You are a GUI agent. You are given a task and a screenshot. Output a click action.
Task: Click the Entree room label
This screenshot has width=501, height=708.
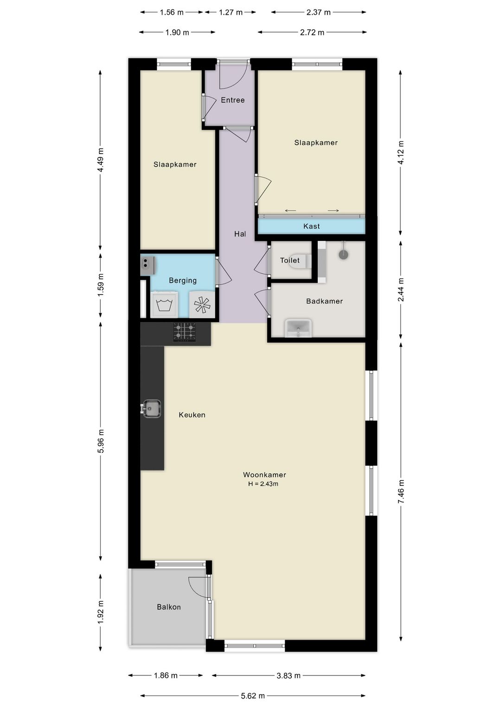click(x=233, y=100)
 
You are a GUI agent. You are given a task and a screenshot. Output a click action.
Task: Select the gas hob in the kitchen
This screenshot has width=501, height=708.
click(x=184, y=332)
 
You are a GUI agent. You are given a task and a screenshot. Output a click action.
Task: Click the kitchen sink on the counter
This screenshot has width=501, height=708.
click(x=152, y=409)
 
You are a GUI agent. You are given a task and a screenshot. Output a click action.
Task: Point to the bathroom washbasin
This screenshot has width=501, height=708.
click(x=298, y=328)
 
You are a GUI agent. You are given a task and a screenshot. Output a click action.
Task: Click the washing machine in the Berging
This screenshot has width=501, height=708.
click(x=164, y=305)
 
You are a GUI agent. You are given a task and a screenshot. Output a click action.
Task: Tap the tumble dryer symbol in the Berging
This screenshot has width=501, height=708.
click(x=202, y=305)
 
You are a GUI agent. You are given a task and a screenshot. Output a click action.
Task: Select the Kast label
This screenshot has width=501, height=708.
click(x=311, y=226)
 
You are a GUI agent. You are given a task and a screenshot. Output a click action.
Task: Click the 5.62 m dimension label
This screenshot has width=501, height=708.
click(x=252, y=695)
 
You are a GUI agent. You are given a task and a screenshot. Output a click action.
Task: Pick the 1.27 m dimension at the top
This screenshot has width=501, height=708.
click(x=231, y=13)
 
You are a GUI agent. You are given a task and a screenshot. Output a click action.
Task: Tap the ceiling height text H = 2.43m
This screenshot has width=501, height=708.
click(x=263, y=484)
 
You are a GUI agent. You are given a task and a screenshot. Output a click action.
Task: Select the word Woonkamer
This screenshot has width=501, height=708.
click(x=264, y=475)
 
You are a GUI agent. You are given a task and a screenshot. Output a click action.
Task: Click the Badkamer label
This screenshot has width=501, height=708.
click(x=324, y=301)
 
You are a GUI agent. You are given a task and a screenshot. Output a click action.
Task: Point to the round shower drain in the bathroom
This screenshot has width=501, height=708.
click(x=344, y=255)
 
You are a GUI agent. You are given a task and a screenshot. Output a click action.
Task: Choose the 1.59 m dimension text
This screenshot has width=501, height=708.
click(x=101, y=285)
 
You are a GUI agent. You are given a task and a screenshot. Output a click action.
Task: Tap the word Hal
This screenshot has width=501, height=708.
click(x=240, y=234)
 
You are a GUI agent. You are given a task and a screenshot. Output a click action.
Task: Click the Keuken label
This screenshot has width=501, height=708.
click(x=192, y=415)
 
